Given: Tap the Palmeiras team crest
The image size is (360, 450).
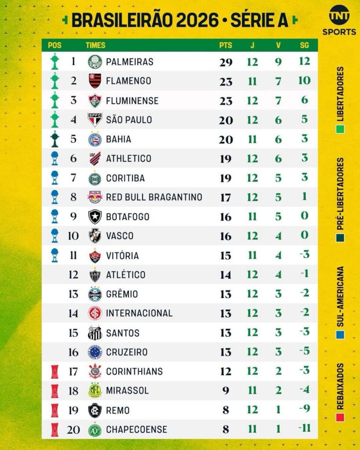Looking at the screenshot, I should point(95,62).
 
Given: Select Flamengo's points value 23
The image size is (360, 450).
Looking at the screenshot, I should point(226,81).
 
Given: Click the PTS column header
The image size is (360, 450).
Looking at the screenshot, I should point(225,45).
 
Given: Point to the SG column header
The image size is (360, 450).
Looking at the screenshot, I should point(304,45).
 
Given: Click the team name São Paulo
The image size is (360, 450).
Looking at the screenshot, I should point(129,120).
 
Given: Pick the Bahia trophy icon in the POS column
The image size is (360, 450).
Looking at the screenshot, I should point(55,139).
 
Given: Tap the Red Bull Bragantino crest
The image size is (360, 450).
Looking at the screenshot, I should point(95,197).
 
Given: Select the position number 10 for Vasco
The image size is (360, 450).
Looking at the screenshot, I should point(73,236).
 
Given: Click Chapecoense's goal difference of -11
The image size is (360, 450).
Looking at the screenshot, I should point(304,429).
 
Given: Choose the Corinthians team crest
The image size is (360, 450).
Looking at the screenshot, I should point(95,371).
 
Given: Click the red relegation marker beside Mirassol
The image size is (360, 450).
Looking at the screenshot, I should point(55,390).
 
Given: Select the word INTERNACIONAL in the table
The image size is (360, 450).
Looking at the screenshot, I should point(139,313).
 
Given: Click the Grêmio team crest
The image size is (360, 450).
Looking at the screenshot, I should point(95,294).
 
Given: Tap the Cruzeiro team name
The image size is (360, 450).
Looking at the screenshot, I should point(127,352).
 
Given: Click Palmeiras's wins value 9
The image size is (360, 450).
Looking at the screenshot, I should point(278,62).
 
